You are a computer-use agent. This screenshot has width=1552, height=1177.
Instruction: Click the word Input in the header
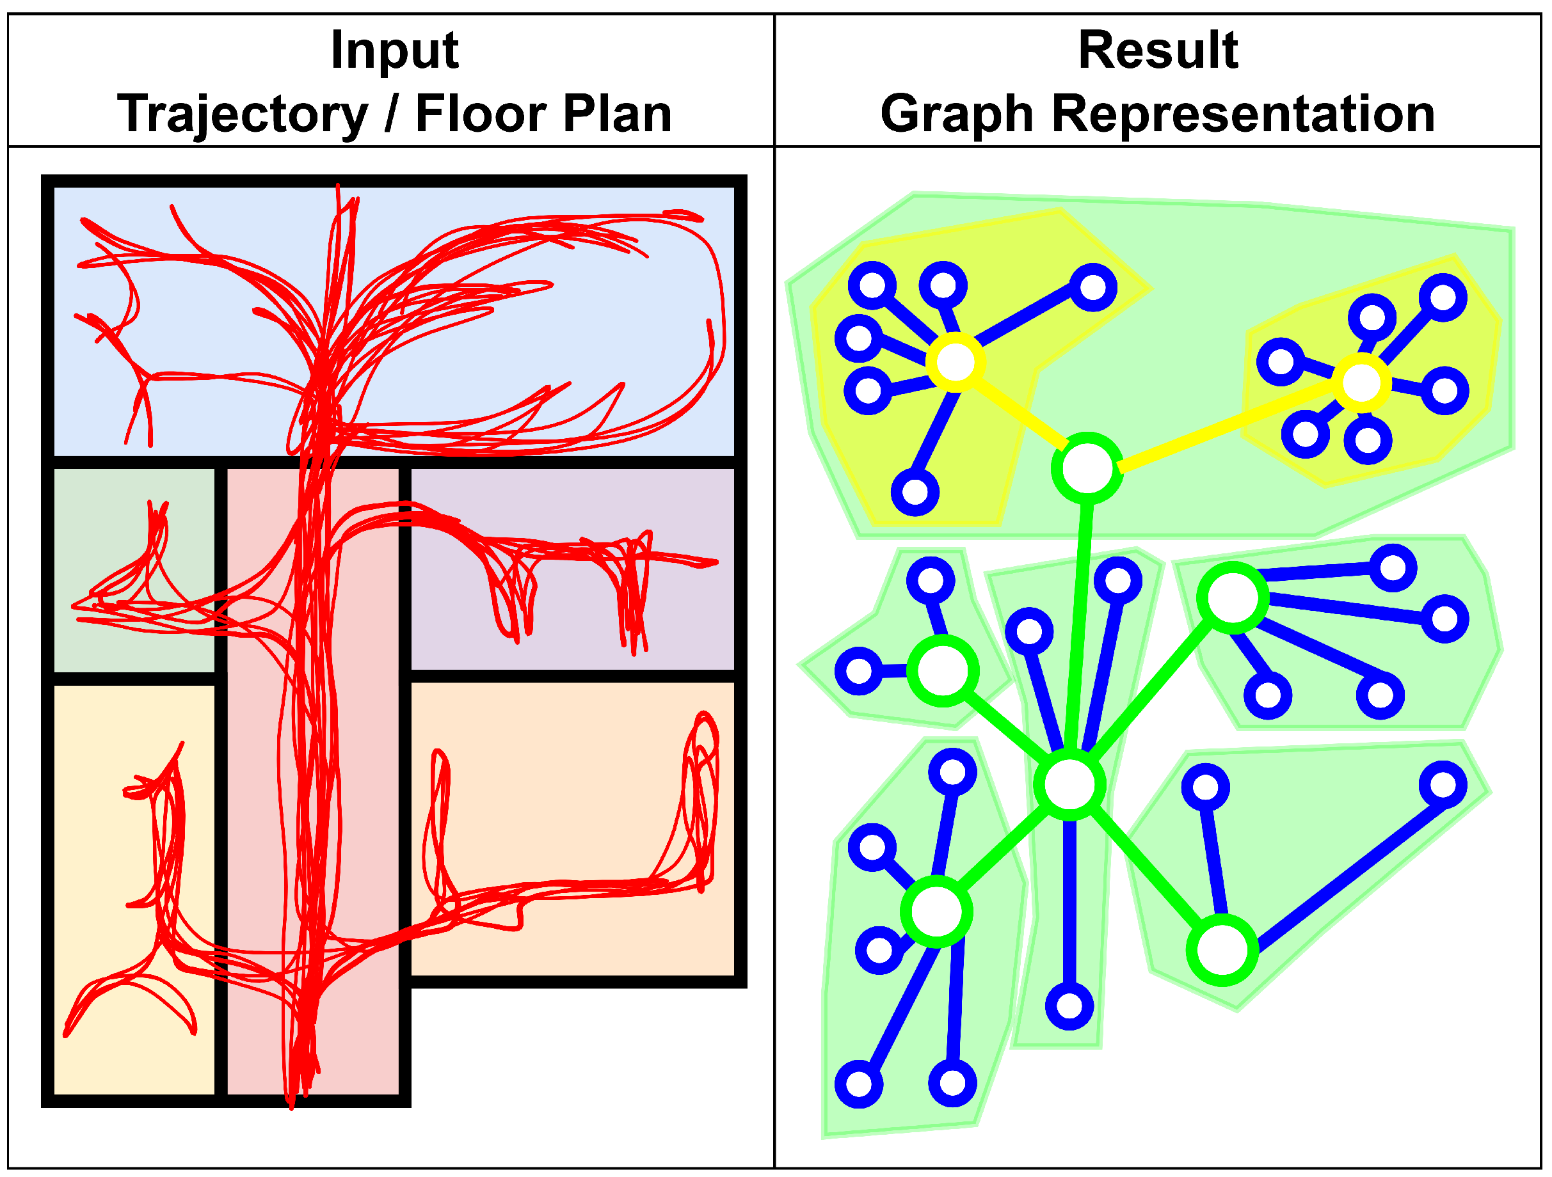(394, 51)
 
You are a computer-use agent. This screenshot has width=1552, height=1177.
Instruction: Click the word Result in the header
(1158, 51)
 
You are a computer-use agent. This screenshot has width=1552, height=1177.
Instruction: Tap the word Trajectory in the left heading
(242, 114)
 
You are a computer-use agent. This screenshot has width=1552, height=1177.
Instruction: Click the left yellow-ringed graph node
(955, 362)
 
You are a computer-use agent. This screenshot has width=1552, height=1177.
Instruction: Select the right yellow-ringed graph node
(1361, 383)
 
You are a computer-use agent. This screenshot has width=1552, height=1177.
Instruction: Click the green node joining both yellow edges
(1087, 468)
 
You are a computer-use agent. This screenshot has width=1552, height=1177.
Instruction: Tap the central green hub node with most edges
(1069, 784)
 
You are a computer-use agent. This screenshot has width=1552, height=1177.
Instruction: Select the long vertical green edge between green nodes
(1078, 624)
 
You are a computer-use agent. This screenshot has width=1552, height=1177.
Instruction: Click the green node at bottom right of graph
(1222, 951)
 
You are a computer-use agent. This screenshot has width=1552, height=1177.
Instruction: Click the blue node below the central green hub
(1069, 1006)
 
